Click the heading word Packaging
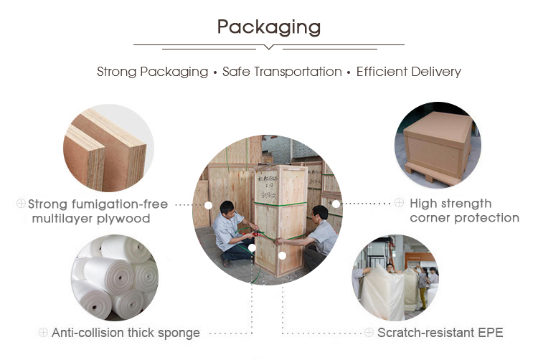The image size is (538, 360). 268,27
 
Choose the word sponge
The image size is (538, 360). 179,332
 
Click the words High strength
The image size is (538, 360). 450,204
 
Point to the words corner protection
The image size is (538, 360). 464,218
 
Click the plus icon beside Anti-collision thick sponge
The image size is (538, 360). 43,332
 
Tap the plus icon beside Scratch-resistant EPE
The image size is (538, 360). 369,332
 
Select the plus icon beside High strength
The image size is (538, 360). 400,204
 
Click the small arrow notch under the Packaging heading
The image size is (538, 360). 269,47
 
